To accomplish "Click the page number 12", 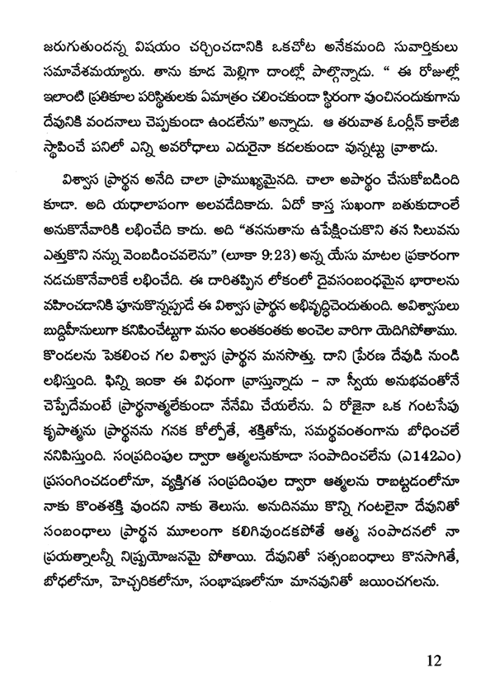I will (x=435, y=660).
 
